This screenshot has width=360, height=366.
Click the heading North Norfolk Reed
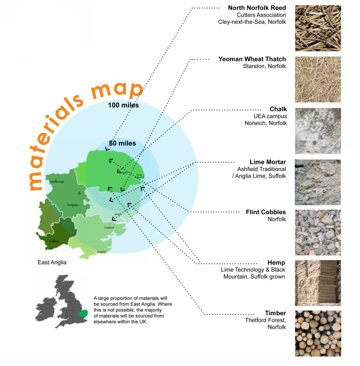click(x=257, y=8)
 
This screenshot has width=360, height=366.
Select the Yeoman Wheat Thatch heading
click(x=252, y=59)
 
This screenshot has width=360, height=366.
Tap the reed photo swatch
click(x=318, y=28)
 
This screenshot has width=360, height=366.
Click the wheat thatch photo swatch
click(x=318, y=79)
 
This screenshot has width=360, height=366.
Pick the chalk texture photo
click(x=318, y=130)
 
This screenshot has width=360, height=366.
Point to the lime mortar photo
click(x=318, y=182)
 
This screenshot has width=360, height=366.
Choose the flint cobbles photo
click(x=318, y=232)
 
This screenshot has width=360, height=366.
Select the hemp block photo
click(x=318, y=283)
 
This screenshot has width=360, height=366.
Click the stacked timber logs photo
click(x=318, y=333)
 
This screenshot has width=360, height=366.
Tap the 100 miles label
click(x=123, y=105)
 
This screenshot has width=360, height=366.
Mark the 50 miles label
click(x=122, y=144)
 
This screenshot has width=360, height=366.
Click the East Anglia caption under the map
click(x=52, y=263)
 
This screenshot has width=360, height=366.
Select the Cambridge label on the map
click(x=73, y=205)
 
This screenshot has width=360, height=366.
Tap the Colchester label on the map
click(x=109, y=228)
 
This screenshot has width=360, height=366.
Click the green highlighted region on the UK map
click(x=82, y=313)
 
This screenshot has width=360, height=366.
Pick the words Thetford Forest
click(x=265, y=320)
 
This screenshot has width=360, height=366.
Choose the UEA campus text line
click(x=270, y=116)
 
